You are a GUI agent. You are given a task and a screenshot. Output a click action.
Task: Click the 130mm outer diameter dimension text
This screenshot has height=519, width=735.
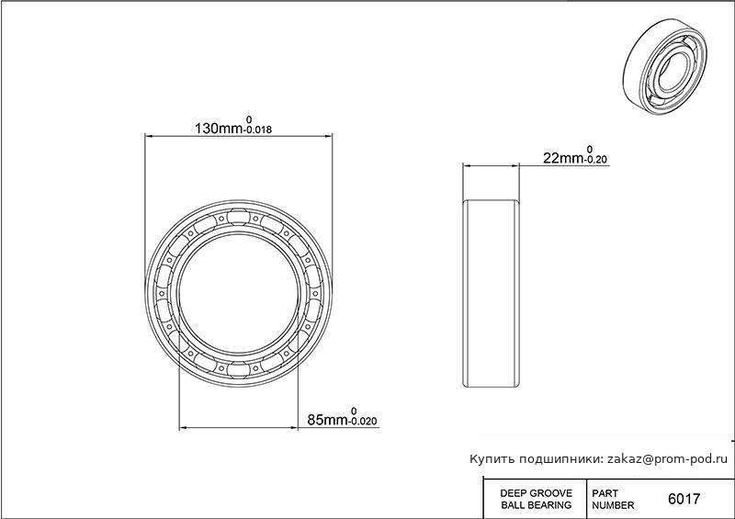click(x=219, y=128)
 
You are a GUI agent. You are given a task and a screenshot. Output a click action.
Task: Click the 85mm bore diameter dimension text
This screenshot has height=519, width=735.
click(x=328, y=420)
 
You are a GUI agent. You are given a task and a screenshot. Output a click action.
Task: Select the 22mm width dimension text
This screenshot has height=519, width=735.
click(x=563, y=158)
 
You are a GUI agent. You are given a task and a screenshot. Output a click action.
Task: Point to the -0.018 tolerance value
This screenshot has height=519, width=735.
click(x=258, y=130)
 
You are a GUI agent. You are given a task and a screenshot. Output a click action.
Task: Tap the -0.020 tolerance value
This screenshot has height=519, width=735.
click(x=363, y=422)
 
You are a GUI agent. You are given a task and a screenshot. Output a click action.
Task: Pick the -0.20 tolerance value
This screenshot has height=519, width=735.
click(x=595, y=160)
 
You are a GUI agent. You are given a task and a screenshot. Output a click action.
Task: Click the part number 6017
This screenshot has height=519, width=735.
click(x=684, y=499)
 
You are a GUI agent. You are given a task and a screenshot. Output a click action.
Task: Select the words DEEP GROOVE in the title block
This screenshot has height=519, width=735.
click(x=537, y=493)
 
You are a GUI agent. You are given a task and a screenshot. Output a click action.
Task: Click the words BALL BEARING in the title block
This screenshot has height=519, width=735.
click(x=537, y=505)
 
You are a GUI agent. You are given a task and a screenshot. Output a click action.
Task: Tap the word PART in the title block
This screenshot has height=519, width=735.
click(x=605, y=493)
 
